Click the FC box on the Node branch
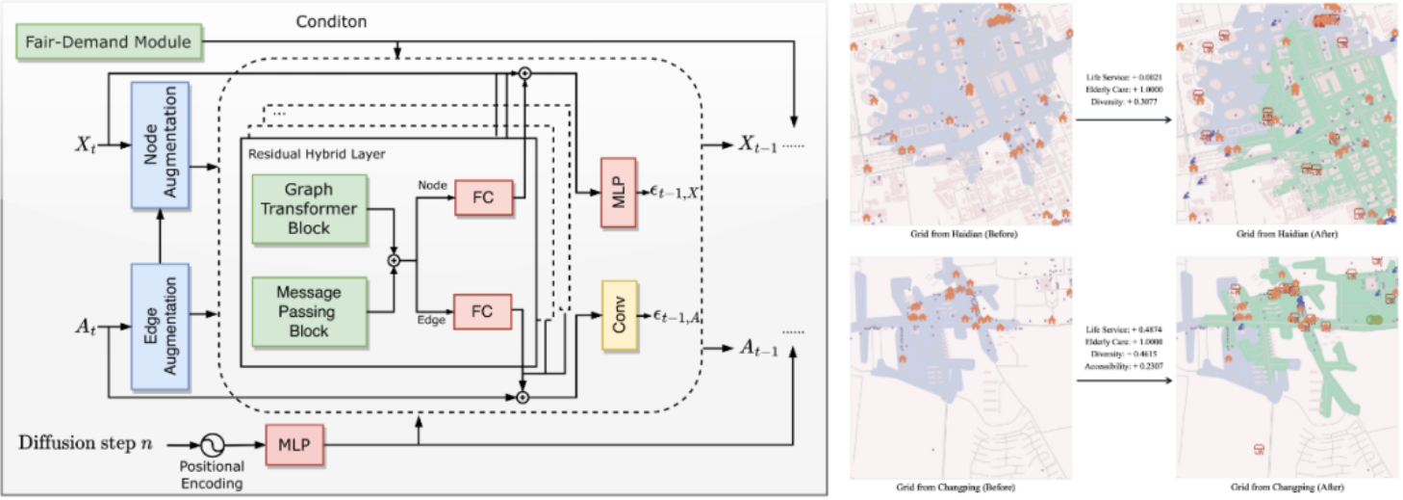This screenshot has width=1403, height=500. (482, 197)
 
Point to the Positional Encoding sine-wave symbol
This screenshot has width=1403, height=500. (211, 444)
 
